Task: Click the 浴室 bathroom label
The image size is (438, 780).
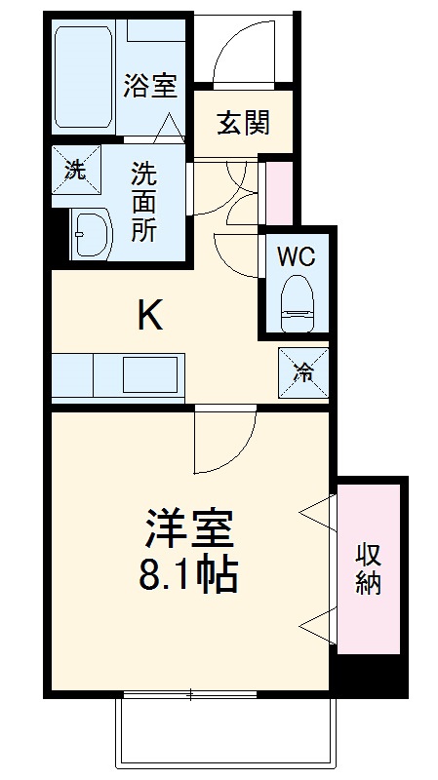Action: [x=149, y=85]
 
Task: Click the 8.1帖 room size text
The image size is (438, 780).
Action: [x=188, y=578]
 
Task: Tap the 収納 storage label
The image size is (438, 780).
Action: [x=368, y=569]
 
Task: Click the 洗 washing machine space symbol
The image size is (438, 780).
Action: [x=75, y=168]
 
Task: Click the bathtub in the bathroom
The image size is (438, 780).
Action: [x=85, y=78]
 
